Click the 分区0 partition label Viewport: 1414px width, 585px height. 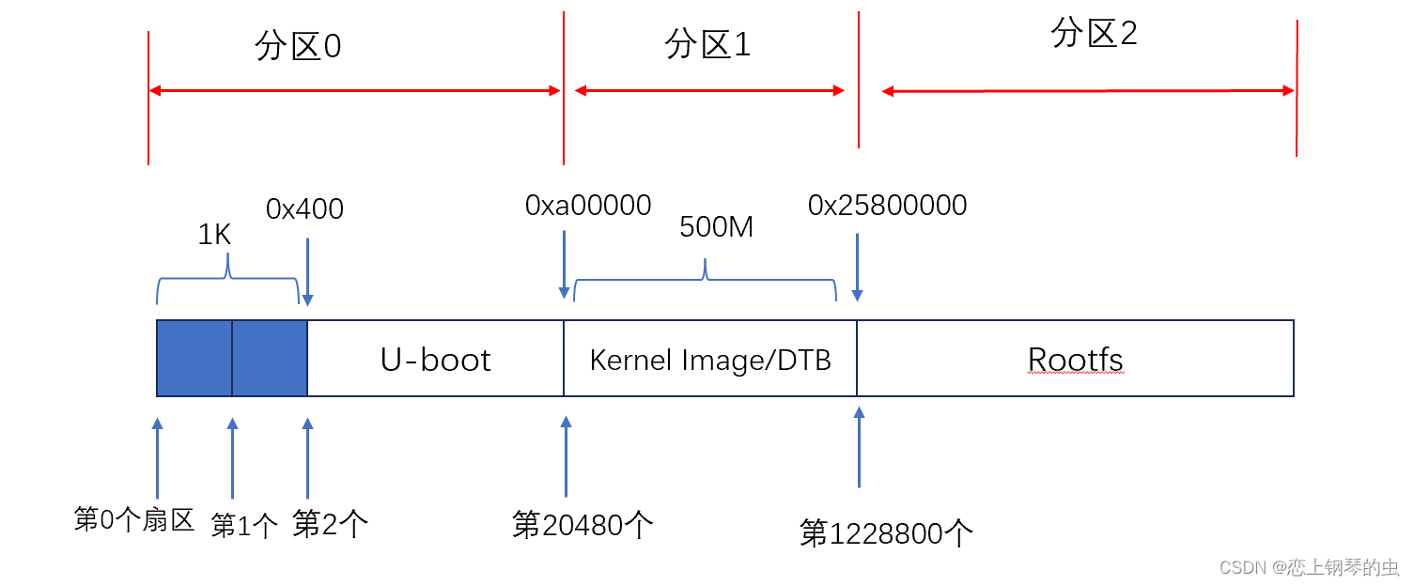[x=297, y=47]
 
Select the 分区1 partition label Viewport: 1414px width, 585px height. [x=708, y=43]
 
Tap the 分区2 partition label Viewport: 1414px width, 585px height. [x=1094, y=35]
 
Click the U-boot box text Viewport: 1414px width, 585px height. [x=435, y=360]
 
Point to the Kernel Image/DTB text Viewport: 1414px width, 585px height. [x=710, y=361]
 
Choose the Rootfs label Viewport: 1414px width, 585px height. [x=1075, y=360]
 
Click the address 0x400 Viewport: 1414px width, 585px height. [x=304, y=208]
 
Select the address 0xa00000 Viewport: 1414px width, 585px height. [x=588, y=206]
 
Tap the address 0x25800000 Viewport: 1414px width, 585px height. [x=887, y=206]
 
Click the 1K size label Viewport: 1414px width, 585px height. [x=214, y=235]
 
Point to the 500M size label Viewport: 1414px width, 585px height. [x=717, y=227]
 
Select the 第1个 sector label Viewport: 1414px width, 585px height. [x=244, y=526]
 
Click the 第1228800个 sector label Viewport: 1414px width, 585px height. [x=886, y=533]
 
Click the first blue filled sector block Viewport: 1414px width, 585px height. [x=194, y=358]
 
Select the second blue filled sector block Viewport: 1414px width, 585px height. [x=270, y=358]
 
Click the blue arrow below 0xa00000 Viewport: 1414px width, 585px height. [x=564, y=264]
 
